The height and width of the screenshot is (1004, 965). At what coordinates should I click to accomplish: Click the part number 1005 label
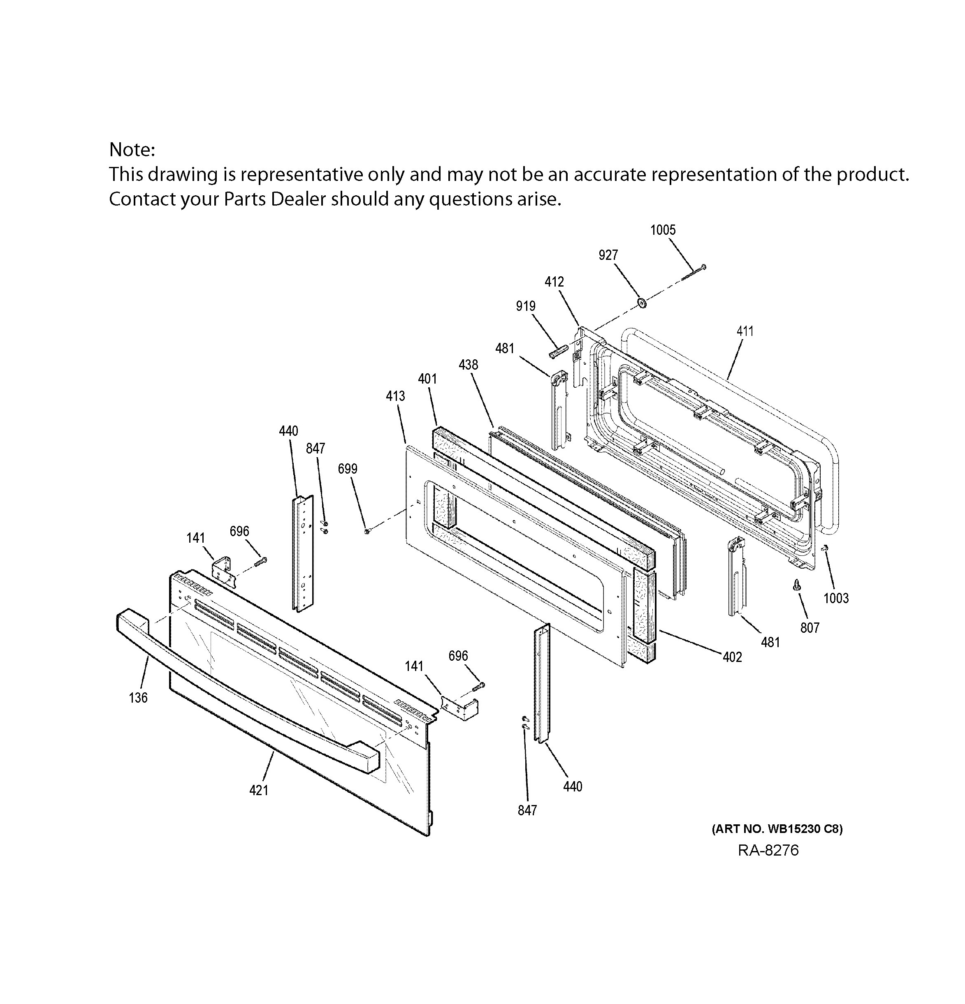(x=663, y=230)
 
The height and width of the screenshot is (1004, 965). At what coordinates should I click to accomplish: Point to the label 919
(x=525, y=306)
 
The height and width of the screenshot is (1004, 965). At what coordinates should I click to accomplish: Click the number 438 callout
(x=468, y=365)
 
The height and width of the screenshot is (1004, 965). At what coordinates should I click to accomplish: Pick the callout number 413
(x=395, y=396)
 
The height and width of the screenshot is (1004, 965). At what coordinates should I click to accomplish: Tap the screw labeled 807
(x=796, y=585)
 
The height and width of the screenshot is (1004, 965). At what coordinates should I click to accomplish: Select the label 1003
(x=836, y=598)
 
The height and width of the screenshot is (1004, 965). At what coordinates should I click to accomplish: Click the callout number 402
(x=732, y=657)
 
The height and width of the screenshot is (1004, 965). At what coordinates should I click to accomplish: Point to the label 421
(x=258, y=790)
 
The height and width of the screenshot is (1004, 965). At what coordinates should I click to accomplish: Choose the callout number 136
(x=138, y=698)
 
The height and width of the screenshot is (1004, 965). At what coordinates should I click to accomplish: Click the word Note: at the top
(x=132, y=150)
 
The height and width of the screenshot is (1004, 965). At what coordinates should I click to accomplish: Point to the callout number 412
(x=554, y=282)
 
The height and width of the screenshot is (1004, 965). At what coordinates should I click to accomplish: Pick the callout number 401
(x=427, y=379)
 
